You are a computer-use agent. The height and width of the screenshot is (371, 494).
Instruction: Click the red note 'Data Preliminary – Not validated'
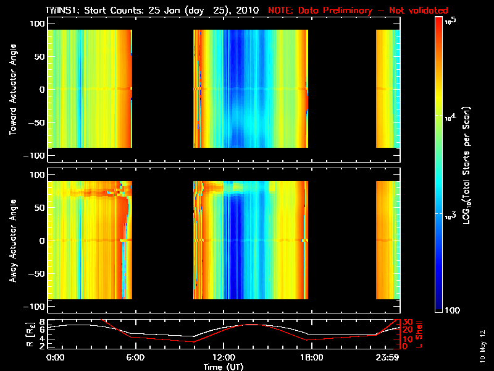(x=358, y=11)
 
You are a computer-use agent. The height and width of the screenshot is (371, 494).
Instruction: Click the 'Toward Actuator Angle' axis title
(x=12, y=89)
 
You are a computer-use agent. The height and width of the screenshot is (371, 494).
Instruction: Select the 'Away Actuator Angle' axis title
(x=12, y=241)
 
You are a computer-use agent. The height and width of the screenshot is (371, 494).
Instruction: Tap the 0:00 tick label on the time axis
(x=55, y=358)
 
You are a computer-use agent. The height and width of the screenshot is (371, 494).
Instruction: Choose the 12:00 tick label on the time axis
(x=223, y=358)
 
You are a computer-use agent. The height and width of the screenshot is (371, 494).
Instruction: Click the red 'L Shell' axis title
(x=420, y=334)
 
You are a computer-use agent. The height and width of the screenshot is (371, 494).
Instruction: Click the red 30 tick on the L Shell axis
(x=407, y=322)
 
